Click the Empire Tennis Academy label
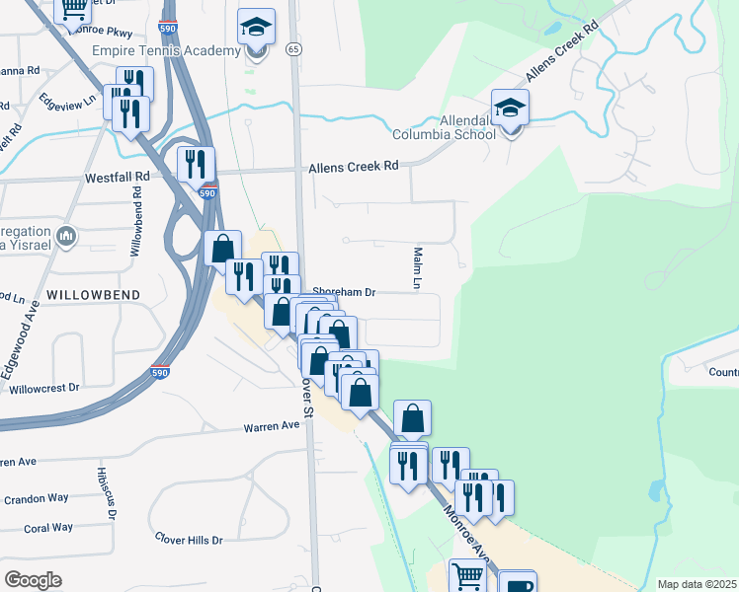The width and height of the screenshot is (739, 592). (x=165, y=49)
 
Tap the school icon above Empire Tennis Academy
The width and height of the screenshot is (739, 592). (x=257, y=29)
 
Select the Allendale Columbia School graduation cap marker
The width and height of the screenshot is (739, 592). (x=510, y=109)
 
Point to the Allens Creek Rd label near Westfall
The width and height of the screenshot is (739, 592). (x=353, y=167)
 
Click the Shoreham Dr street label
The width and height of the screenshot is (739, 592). (x=345, y=292)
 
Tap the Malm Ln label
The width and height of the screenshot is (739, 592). (x=418, y=268)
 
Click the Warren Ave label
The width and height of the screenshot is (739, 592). (x=272, y=427)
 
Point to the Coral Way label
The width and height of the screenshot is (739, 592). (x=48, y=528)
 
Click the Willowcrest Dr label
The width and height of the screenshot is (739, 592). (x=41, y=388)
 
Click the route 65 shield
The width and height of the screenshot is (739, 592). (x=293, y=48)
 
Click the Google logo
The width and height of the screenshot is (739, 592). (x=33, y=580)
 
